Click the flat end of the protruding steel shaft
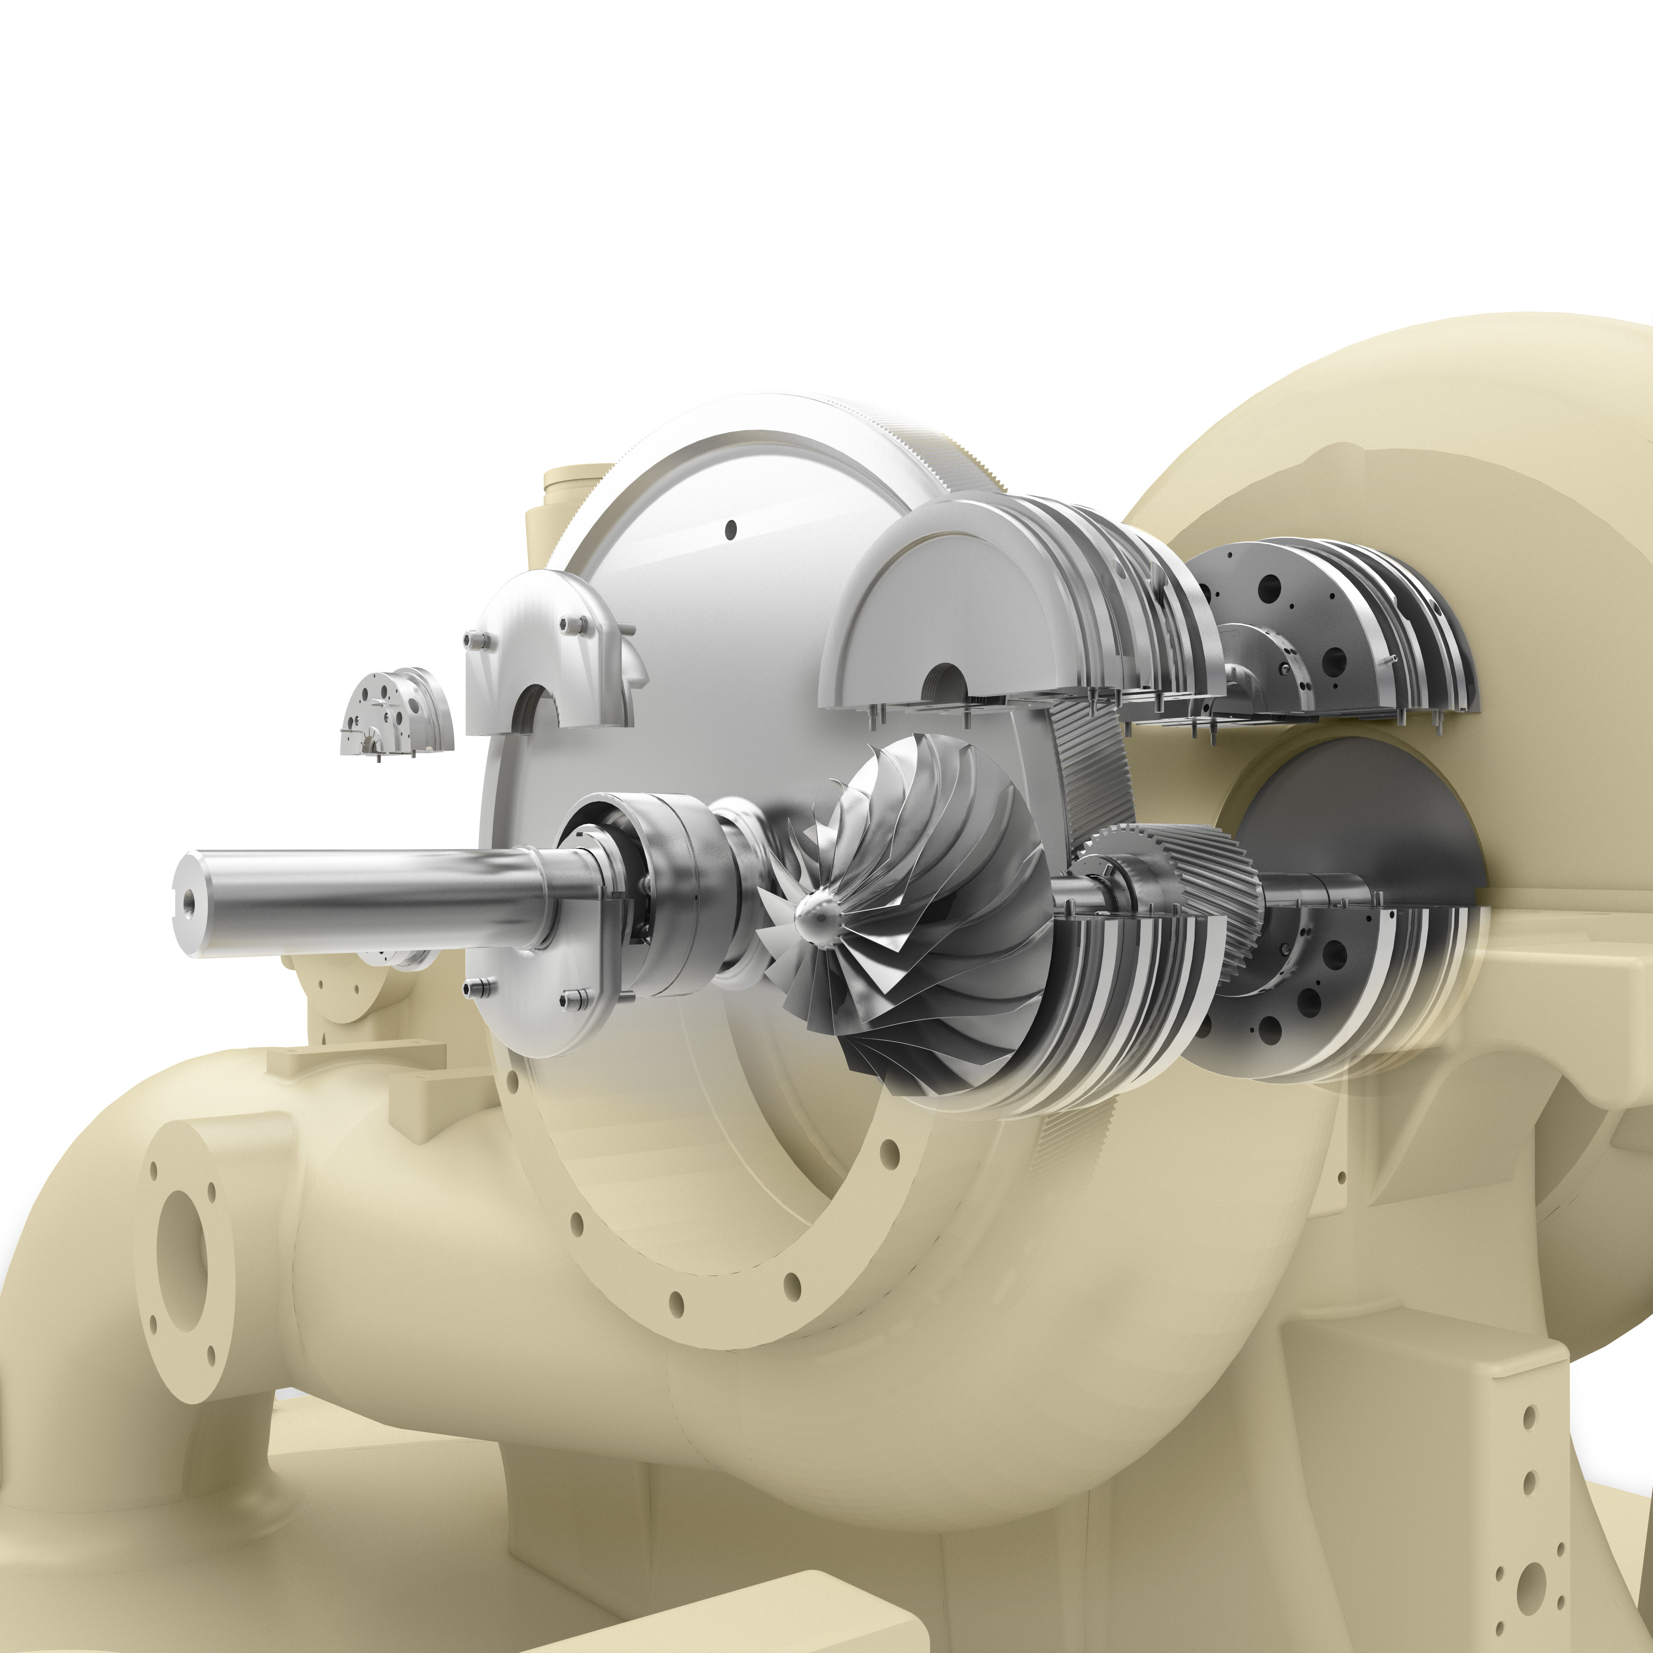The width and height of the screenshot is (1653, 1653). pyautogui.click(x=190, y=903)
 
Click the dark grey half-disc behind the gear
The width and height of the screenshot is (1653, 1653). pyautogui.click(x=1360, y=822)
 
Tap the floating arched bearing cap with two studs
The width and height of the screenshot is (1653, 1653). pyautogui.click(x=548, y=650)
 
